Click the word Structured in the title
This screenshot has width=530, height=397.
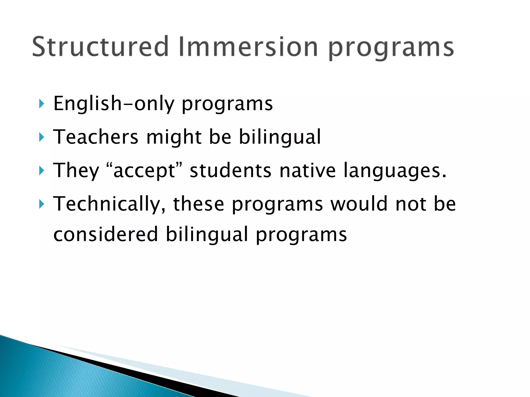(100, 47)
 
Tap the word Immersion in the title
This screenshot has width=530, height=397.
(248, 47)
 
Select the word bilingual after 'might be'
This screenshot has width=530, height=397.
(279, 137)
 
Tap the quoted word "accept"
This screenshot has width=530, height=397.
(144, 171)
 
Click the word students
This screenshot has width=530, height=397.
(230, 171)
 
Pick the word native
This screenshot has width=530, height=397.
(307, 171)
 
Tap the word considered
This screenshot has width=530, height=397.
(106, 234)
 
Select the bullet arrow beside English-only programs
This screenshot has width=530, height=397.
(41, 104)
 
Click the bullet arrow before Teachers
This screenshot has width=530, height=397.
(41, 137)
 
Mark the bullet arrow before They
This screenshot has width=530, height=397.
(41, 171)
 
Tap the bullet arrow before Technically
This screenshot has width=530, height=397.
(41, 204)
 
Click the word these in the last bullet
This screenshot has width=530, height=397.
(198, 204)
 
